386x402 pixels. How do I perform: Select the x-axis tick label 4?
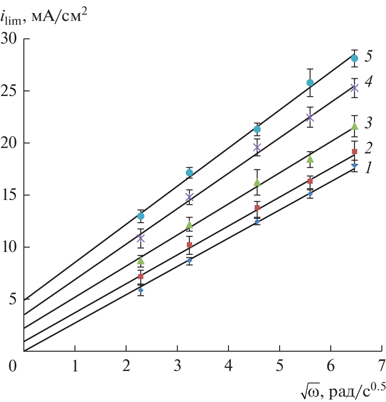[x=228, y=366]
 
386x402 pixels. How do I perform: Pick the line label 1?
[x=369, y=169]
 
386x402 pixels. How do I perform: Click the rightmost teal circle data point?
[x=355, y=58]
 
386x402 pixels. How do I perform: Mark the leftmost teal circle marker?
[x=141, y=216]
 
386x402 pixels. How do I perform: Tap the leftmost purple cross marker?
[x=141, y=238]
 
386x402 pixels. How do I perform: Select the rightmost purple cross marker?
[x=355, y=88]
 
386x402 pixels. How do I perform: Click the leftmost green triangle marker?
[x=141, y=261]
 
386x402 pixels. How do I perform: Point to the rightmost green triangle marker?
[x=355, y=126]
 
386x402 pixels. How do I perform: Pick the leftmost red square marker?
[x=141, y=277]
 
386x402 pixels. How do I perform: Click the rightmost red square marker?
[x=355, y=151]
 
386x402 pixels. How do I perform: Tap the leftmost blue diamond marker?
[x=141, y=290]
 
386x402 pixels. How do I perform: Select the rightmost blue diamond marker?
[x=355, y=166]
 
